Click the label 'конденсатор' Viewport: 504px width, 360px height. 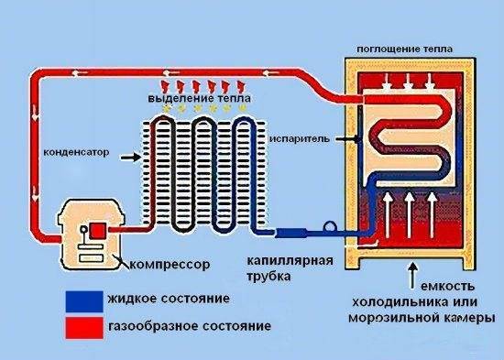(76, 152)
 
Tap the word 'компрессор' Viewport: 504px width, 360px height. (170, 265)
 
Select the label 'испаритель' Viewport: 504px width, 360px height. (300, 139)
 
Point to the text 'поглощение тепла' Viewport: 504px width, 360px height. (404, 49)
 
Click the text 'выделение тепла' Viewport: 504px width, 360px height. (199, 98)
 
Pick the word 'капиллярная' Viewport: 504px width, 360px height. (290, 261)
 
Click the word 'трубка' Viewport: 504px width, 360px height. (268, 277)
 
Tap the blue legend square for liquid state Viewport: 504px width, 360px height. (84, 301)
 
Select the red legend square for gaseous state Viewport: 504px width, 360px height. (84, 328)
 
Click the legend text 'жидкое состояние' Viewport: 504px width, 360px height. (169, 299)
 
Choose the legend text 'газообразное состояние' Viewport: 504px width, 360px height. (190, 326)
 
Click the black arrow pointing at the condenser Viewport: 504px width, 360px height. (130, 158)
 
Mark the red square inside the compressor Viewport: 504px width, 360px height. (97, 231)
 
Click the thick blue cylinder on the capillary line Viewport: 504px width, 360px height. (291, 233)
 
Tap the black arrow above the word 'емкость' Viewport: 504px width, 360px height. (413, 275)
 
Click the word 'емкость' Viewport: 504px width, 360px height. (447, 286)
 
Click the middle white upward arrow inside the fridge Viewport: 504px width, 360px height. (410, 215)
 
